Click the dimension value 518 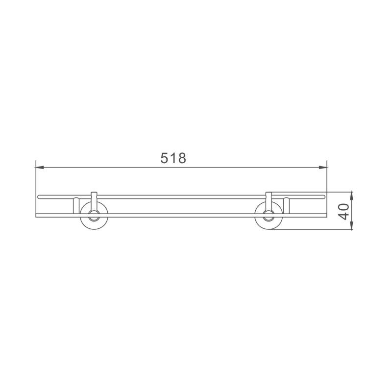coord(173,158)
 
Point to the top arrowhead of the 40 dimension coord(352,195)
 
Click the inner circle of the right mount coord(268,214)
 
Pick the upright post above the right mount coord(269,198)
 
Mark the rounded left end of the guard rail coord(39,197)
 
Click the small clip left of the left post coord(76,205)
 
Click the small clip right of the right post coord(287,205)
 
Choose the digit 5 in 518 coord(165,158)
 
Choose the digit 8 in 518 coord(181,158)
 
